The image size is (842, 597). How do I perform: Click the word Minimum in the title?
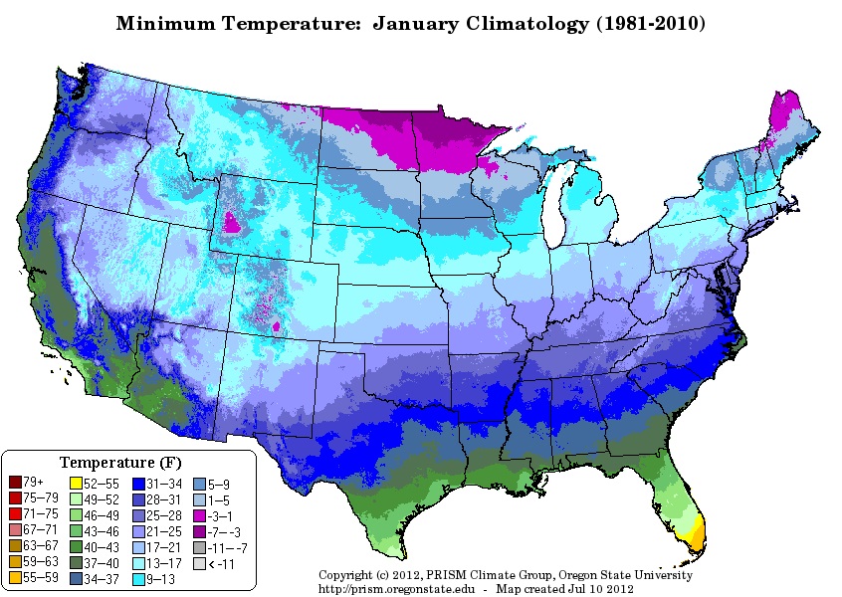[162, 22]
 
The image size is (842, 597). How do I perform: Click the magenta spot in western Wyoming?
[231, 222]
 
